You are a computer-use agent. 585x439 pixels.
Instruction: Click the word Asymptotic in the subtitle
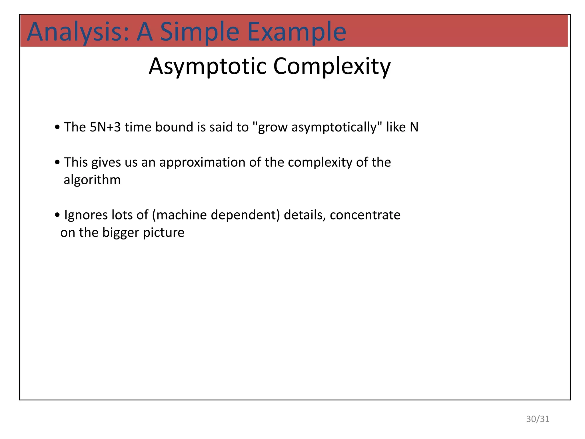[208, 66]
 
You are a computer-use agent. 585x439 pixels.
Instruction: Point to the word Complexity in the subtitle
[332, 66]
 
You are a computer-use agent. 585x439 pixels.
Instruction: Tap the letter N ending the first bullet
[414, 127]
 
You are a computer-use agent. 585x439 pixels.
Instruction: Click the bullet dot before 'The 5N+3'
[57, 127]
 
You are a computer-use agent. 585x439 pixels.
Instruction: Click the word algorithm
[92, 180]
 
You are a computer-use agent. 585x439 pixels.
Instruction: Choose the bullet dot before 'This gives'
[57, 162]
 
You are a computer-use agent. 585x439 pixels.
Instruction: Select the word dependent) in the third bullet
[245, 215]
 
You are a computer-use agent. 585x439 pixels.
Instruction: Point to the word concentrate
[365, 215]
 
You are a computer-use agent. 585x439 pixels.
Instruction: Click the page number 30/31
[538, 419]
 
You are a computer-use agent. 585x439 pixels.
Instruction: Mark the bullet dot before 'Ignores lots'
[57, 215]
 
